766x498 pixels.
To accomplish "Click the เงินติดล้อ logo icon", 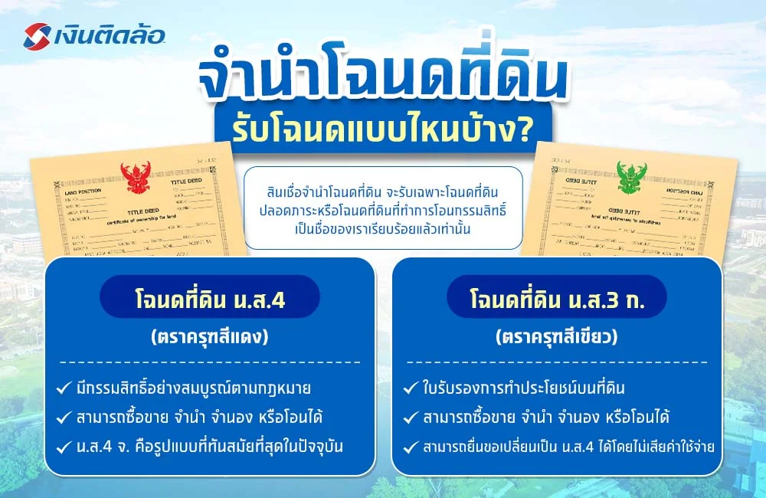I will (38, 35).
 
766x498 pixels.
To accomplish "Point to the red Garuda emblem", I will (136, 179).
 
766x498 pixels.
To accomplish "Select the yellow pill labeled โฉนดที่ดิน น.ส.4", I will (210, 297).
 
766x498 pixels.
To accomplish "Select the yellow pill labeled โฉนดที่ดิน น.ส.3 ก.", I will (557, 297).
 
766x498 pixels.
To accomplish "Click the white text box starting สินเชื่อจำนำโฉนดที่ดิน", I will (383, 208).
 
